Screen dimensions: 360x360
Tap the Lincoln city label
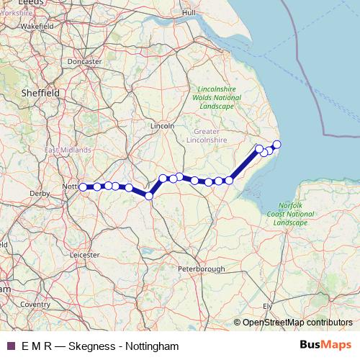point(163,125)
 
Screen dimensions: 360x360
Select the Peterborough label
point(203,269)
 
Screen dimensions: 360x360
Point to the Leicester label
point(84,254)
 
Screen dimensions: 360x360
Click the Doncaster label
point(84,62)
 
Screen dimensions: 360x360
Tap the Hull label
point(189,12)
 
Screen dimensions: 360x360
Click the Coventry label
point(35,305)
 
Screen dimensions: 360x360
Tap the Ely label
point(266,306)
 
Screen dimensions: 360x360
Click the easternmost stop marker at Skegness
point(276,145)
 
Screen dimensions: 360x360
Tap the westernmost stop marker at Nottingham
point(83,187)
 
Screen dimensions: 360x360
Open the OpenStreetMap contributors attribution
point(297,323)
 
